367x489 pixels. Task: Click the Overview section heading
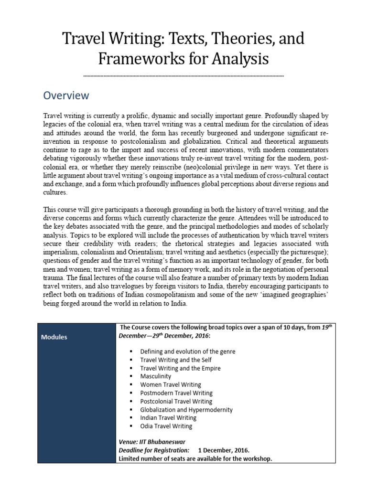66,96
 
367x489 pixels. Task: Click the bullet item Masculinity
156,376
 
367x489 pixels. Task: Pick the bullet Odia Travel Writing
166,426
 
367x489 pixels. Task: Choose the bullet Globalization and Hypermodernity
186,410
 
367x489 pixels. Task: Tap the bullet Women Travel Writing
171,384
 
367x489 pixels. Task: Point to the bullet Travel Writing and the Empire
180,368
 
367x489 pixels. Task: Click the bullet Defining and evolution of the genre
187,351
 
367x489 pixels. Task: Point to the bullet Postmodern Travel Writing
176,393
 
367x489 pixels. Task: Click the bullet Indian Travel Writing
169,418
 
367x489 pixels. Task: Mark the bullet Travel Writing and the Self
175,360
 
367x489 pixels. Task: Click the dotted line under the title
183,75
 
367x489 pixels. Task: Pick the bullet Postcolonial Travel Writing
176,401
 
